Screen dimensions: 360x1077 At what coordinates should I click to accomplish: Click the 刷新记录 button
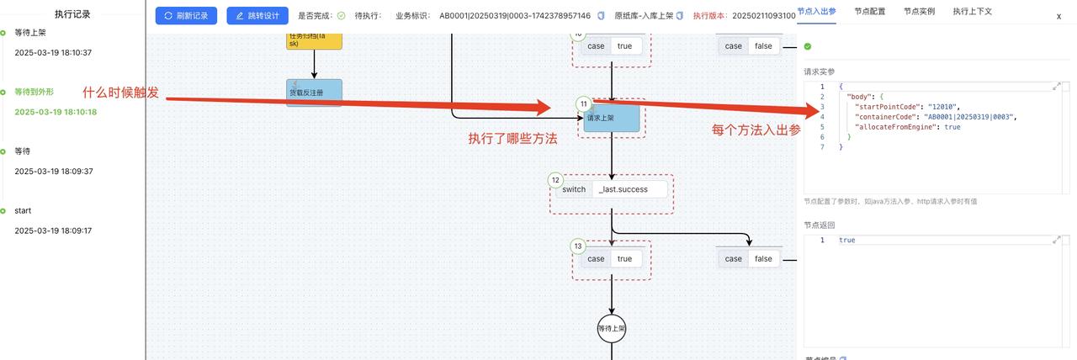click(x=186, y=15)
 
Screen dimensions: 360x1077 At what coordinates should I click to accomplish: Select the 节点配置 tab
click(x=869, y=12)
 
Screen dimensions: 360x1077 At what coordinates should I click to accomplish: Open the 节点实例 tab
click(x=919, y=12)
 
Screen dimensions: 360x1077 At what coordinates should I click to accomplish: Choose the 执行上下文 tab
click(x=972, y=12)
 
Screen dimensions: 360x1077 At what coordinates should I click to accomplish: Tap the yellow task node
click(x=314, y=40)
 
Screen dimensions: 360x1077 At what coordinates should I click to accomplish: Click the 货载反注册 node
click(x=314, y=93)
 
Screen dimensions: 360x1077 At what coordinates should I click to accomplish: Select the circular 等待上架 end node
click(x=612, y=328)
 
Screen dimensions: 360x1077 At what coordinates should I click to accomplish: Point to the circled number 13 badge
click(x=578, y=246)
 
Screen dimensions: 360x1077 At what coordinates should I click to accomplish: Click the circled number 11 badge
click(x=583, y=103)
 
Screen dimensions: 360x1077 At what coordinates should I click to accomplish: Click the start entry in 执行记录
click(x=23, y=210)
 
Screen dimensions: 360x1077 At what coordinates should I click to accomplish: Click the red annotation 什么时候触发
click(x=120, y=93)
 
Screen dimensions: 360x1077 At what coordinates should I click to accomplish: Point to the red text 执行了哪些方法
click(x=512, y=139)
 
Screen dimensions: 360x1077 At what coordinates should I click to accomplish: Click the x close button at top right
click(x=1058, y=16)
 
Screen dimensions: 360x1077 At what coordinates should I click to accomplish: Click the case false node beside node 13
click(x=749, y=259)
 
